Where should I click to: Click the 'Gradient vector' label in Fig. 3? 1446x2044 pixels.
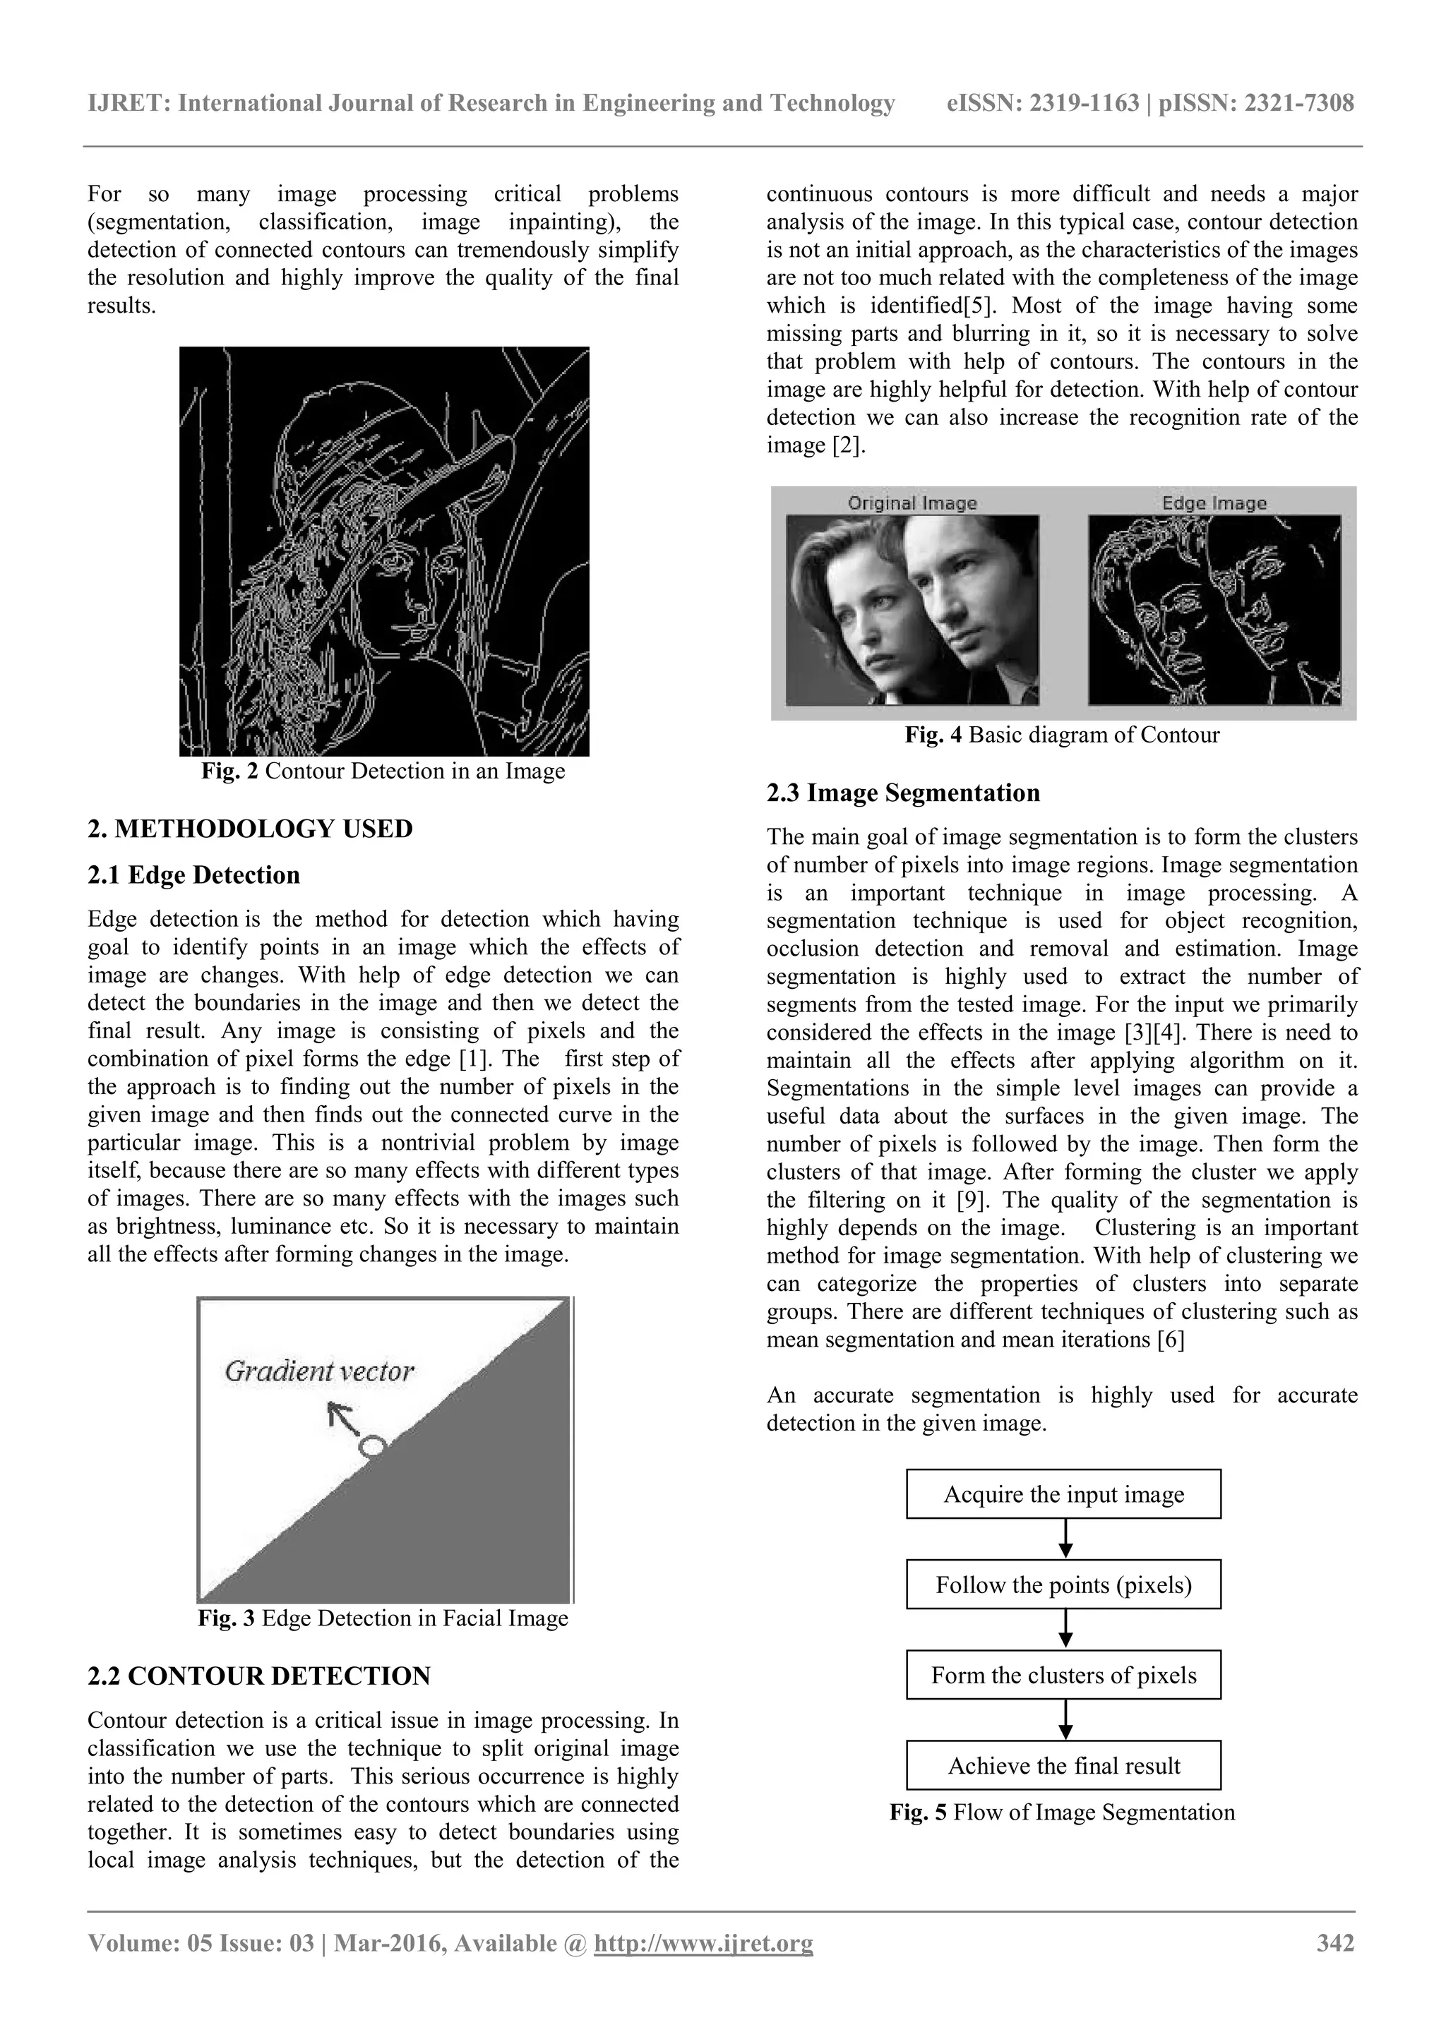point(318,1371)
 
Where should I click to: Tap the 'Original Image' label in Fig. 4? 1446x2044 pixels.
point(912,503)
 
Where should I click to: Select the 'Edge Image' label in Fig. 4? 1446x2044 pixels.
point(1214,503)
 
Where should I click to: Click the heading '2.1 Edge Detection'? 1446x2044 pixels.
point(193,875)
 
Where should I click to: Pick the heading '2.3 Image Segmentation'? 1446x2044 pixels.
point(903,793)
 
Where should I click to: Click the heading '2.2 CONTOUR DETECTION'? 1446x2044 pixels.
point(258,1676)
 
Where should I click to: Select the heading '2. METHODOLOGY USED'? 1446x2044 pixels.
point(249,829)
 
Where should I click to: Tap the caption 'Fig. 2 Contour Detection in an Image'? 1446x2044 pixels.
point(383,771)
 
